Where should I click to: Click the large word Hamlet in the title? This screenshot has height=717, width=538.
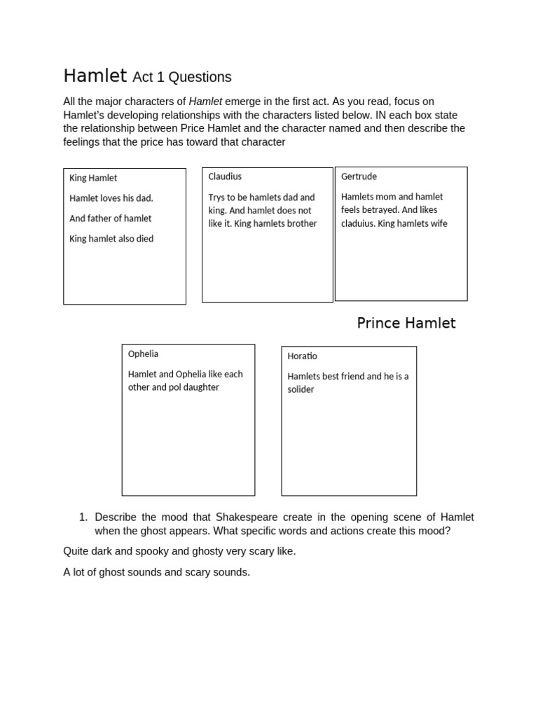coord(95,76)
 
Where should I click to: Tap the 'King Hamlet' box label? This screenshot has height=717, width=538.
coord(93,178)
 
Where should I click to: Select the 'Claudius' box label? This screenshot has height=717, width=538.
coord(225,176)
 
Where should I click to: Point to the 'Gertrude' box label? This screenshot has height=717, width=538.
coord(359,176)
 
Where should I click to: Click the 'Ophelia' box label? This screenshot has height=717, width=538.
coord(143,354)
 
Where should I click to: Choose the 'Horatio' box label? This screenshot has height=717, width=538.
coord(302,356)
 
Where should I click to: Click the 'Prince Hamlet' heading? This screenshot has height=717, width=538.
coord(406,323)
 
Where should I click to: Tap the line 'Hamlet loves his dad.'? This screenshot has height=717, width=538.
coord(111,198)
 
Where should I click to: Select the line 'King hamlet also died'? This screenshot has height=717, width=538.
coord(111,239)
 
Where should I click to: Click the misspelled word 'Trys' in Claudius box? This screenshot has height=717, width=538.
coord(218,197)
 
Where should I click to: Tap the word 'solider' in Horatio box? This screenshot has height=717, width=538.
coord(301,389)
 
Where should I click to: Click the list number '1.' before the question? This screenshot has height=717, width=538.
coord(83,517)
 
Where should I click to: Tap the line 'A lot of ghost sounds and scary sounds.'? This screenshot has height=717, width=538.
coord(156,572)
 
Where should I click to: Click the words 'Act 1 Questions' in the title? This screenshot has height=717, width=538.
coord(182,77)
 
